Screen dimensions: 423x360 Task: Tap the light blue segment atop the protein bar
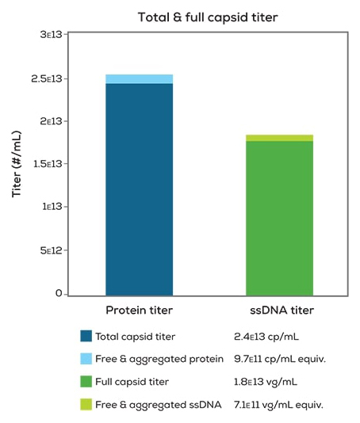(x=139, y=78)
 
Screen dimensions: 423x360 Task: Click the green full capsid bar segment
(x=279, y=217)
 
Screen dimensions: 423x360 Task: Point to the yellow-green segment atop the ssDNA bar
(x=279, y=138)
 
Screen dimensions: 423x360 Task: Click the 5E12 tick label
(x=50, y=250)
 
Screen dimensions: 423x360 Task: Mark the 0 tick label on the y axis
(x=58, y=293)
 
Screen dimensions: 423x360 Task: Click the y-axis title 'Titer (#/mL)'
(x=17, y=164)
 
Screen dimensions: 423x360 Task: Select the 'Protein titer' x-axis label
(x=139, y=311)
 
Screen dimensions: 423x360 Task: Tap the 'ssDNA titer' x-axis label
(x=279, y=311)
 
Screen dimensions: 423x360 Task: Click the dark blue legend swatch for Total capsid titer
(x=86, y=336)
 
